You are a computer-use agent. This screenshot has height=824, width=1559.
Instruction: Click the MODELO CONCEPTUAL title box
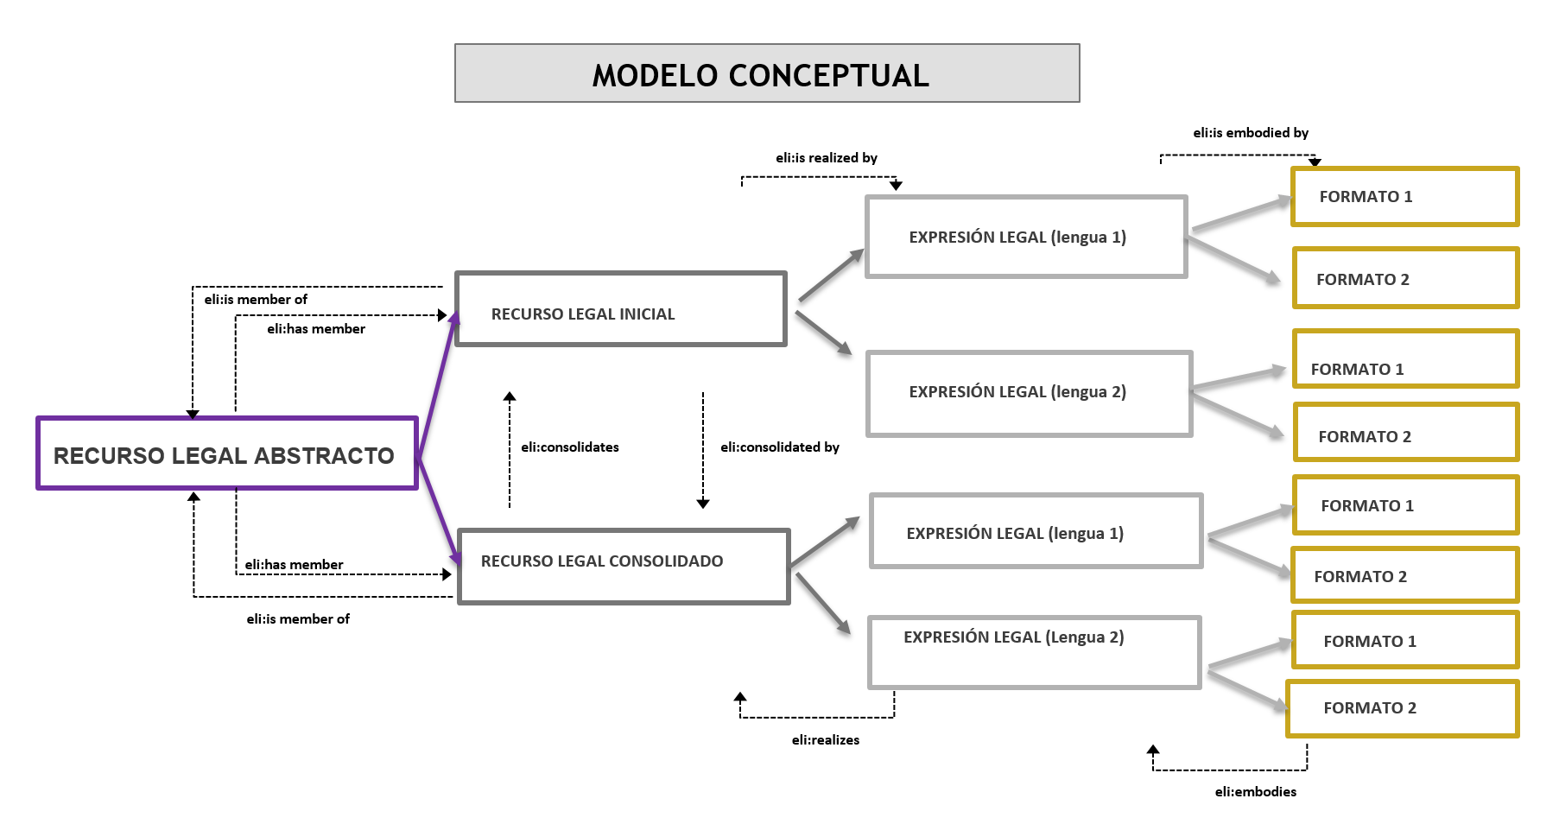coord(767,73)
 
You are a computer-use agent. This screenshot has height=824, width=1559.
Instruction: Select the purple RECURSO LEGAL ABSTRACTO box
coord(226,453)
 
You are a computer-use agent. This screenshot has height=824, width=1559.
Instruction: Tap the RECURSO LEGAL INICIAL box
coord(620,309)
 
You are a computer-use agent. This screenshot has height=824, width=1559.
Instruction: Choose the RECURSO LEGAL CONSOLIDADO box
coord(624,566)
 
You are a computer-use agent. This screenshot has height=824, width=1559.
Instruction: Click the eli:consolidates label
coord(569,447)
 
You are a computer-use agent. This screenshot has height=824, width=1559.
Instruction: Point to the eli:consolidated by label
coord(779,447)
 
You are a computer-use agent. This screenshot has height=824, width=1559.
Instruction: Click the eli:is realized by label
coord(826,158)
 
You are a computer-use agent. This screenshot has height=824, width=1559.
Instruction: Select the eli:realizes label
coord(825,740)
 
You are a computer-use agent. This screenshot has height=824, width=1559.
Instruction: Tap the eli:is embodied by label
coord(1250,133)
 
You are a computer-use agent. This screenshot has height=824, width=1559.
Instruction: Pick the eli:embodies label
coord(1255,792)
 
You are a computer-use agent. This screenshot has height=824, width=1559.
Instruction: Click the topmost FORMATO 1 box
coord(1404,197)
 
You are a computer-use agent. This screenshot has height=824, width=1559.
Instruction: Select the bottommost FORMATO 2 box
coord(1402,708)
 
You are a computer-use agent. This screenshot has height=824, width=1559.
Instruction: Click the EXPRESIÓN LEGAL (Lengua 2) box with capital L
coord(1034,652)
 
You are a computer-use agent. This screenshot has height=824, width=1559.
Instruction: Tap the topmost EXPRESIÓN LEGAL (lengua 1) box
coord(1026,237)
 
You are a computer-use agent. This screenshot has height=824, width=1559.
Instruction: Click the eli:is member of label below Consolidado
coord(298,619)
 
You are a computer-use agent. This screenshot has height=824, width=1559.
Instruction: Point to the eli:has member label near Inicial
coord(315,329)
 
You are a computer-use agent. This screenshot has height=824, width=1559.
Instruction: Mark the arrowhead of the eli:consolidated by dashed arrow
coord(703,504)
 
